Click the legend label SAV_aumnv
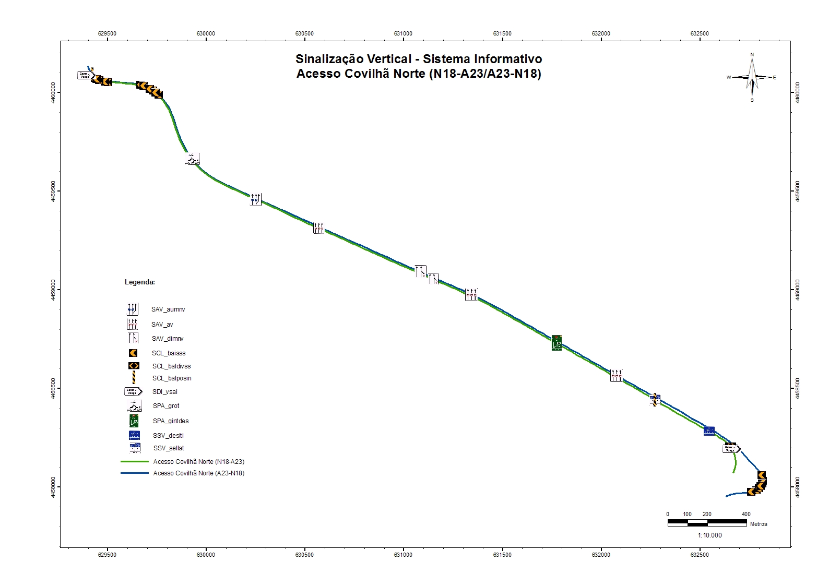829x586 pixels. click(168, 309)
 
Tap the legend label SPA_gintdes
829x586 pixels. click(171, 421)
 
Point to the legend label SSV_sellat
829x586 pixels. click(169, 448)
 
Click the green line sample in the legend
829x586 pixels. click(135, 462)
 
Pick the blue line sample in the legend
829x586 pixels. click(135, 473)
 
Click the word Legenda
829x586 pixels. click(139, 282)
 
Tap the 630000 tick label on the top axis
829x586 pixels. click(206, 34)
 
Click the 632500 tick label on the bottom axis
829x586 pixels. click(700, 555)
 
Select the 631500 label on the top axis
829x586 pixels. click(502, 34)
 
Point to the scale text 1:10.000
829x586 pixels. click(709, 535)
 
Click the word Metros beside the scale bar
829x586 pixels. click(759, 524)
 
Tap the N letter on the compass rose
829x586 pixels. click(752, 55)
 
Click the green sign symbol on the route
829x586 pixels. click(557, 343)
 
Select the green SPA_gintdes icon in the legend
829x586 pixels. click(134, 421)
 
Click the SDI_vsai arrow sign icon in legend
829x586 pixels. click(133, 391)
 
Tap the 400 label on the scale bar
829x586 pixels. click(746, 515)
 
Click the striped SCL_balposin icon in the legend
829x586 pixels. click(134, 378)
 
